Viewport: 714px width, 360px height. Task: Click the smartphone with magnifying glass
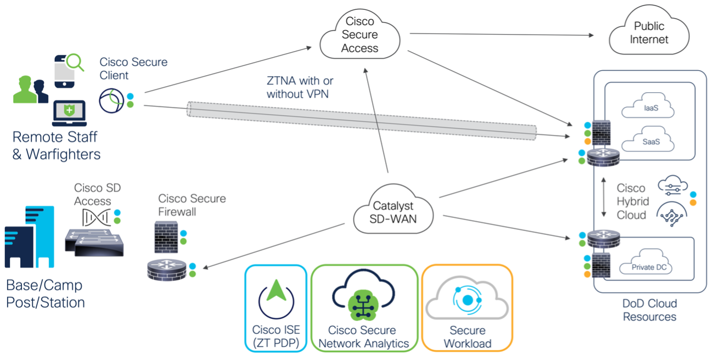(x=69, y=70)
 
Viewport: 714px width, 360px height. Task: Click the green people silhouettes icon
(x=30, y=90)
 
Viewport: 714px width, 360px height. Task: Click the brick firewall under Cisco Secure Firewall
(x=166, y=237)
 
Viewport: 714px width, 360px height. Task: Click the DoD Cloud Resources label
(x=649, y=310)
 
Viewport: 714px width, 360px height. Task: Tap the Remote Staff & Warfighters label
(x=56, y=145)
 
